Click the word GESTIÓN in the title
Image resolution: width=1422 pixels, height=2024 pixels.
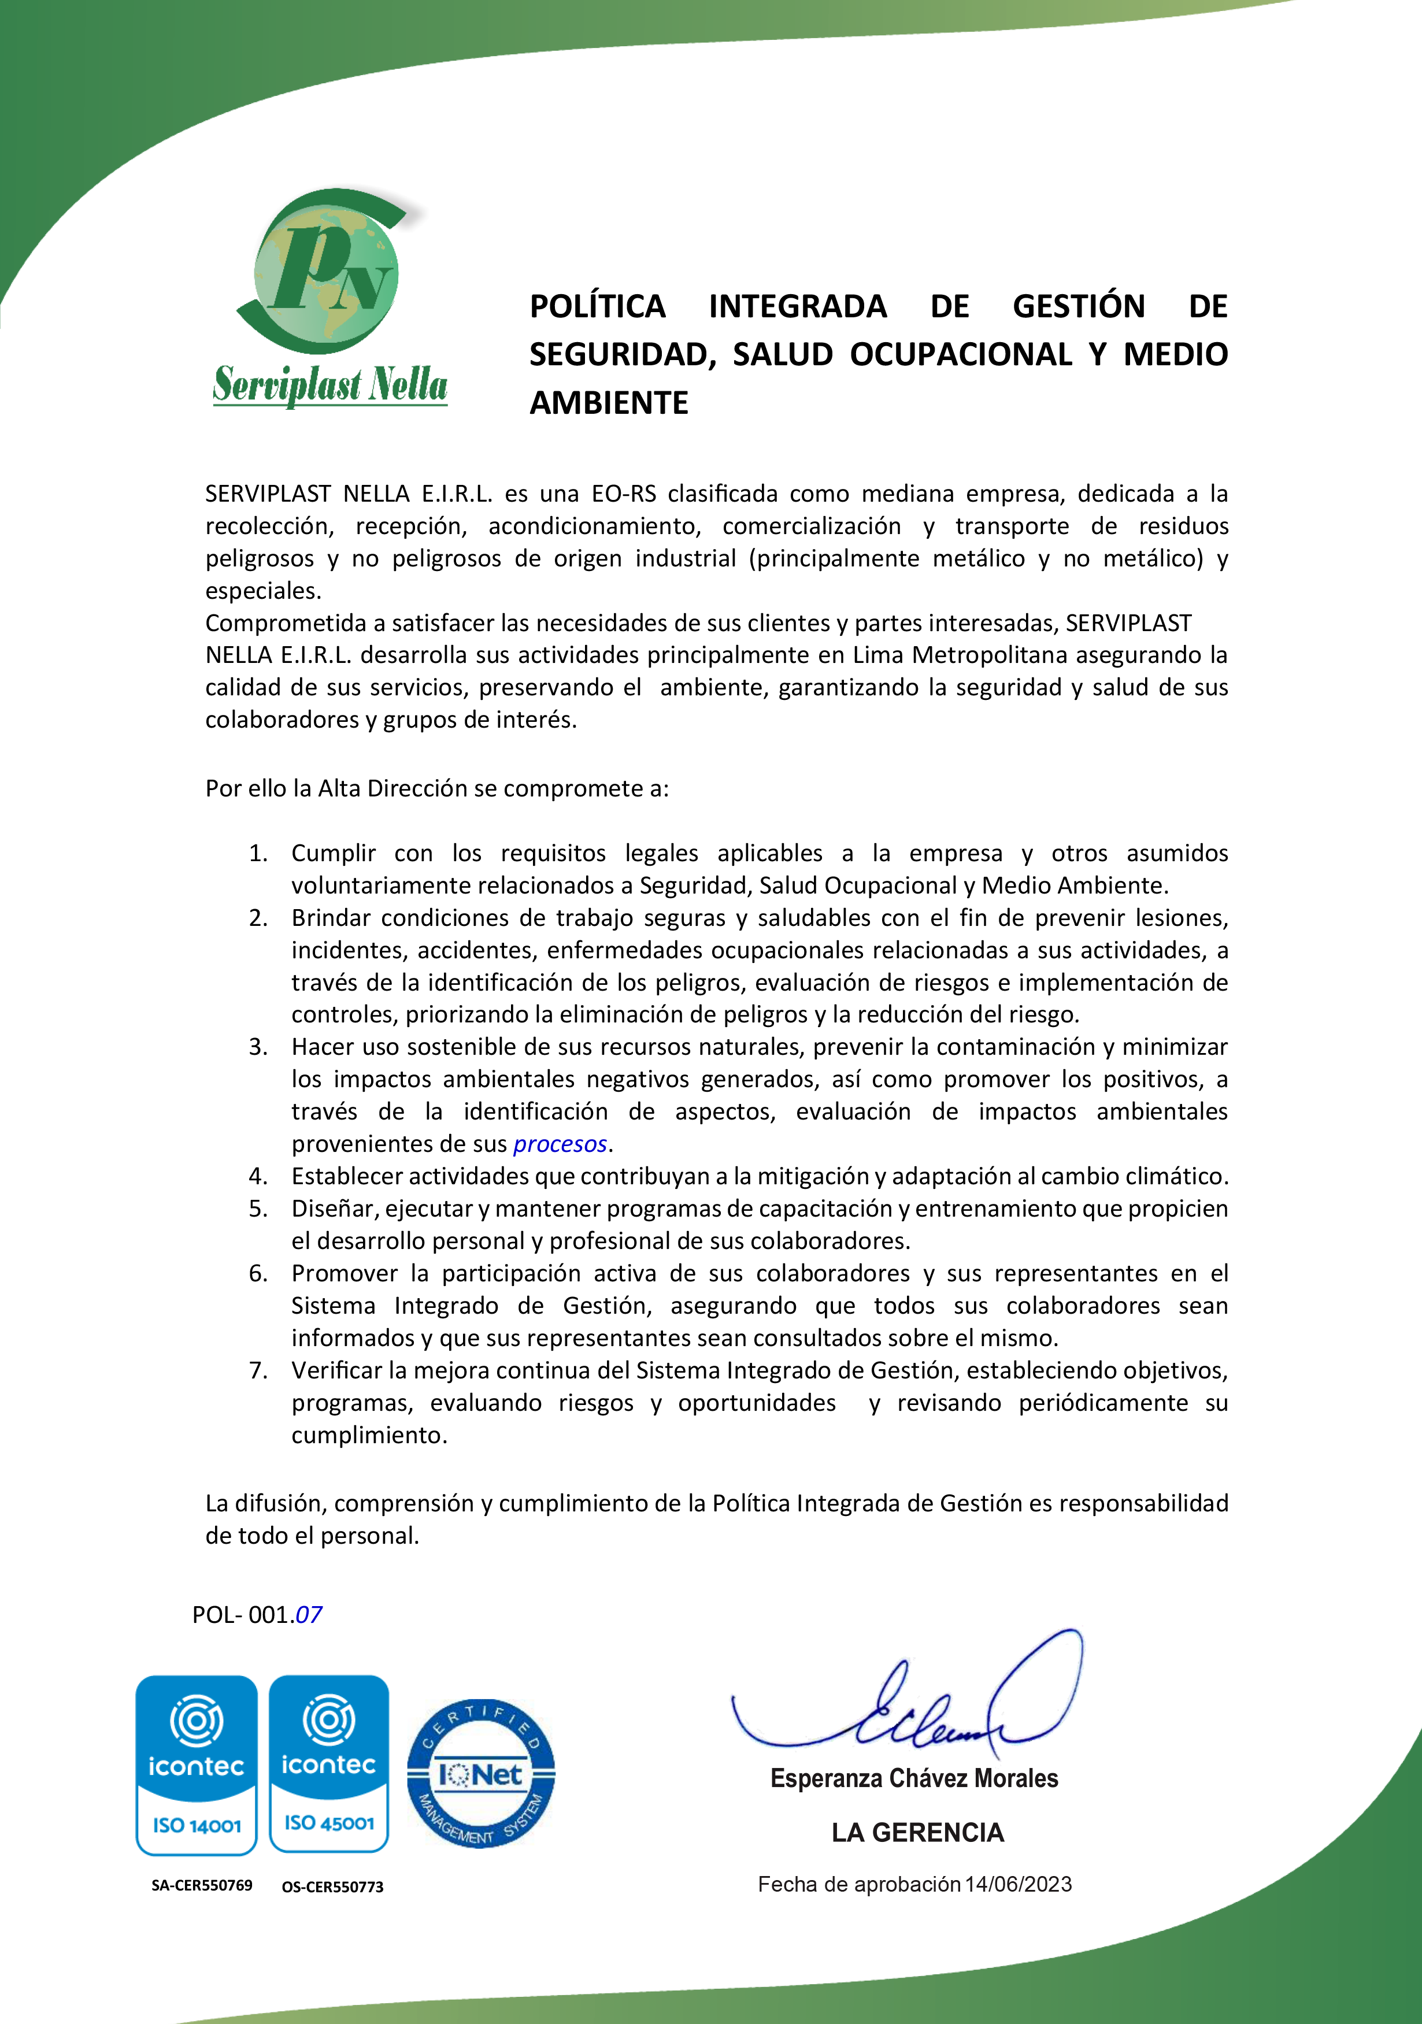1078,306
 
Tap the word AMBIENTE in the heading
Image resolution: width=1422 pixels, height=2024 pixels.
608,403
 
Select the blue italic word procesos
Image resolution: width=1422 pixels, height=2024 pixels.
560,1144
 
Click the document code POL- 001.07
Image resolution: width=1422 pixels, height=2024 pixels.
257,1614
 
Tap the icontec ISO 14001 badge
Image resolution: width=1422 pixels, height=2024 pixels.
197,1765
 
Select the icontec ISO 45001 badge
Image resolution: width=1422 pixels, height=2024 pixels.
329,1763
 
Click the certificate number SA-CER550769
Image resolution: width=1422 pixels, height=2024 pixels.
202,1886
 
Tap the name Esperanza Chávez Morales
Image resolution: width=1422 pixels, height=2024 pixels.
914,1778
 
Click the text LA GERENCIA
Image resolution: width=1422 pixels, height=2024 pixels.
917,1833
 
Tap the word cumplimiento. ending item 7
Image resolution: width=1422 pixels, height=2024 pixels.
369,1435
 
